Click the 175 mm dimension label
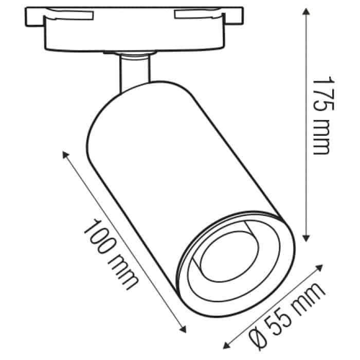click(x=322, y=116)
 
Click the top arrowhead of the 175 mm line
click(x=306, y=11)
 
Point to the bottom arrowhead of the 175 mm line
click(x=306, y=238)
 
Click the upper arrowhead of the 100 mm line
click(x=65, y=154)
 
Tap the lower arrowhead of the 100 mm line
click(x=183, y=329)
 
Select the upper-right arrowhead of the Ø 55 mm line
click(x=319, y=268)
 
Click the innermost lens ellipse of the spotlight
click(x=229, y=257)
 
